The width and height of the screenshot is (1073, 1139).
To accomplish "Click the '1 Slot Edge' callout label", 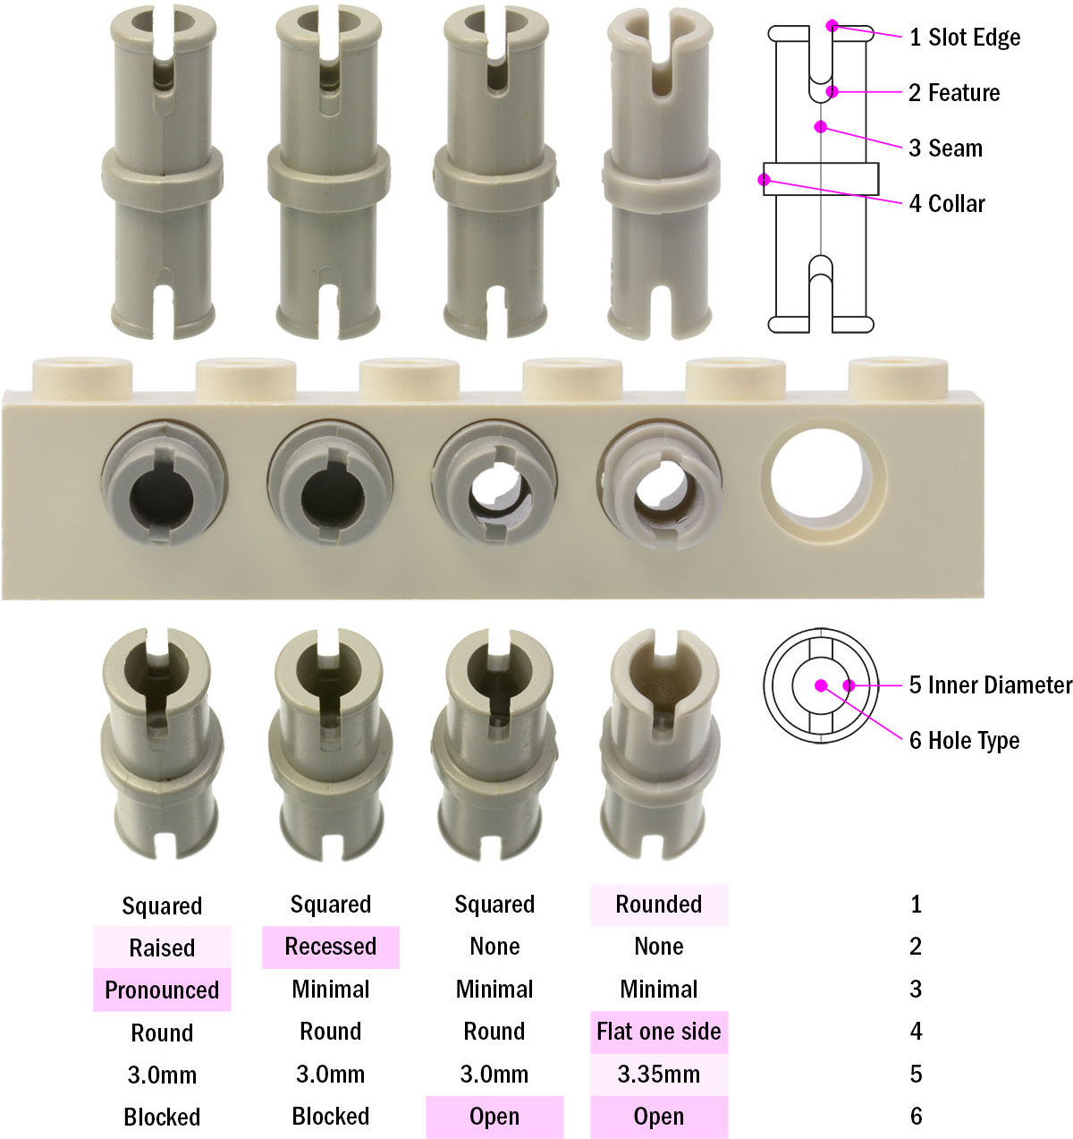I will (964, 38).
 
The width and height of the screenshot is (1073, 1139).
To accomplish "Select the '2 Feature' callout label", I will (953, 93).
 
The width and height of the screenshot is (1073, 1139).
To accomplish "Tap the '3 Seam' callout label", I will (945, 149).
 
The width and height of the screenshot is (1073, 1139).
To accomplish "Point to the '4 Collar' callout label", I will (946, 204).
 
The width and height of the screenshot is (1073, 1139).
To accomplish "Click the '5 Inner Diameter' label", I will (990, 685).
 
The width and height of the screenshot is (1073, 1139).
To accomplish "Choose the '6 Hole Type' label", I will (964, 741).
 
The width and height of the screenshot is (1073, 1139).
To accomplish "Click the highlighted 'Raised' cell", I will (162, 948).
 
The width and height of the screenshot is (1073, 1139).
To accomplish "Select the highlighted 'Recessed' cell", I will (330, 947).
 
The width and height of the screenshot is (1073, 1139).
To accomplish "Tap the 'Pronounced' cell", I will (162, 990).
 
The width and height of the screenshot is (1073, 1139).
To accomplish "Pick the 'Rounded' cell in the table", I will (659, 905).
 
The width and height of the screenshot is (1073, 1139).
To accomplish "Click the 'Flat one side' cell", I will (659, 1032).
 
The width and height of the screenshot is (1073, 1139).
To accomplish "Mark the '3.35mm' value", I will (659, 1074).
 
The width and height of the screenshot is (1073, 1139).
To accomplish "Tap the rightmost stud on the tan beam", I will (897, 375).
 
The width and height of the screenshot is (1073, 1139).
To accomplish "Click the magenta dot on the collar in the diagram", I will (765, 180).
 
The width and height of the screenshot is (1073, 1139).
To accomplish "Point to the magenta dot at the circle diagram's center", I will (821, 685).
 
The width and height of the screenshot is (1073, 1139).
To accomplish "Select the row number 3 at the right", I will (916, 990).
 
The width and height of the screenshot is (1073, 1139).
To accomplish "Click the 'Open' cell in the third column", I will (494, 1117).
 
